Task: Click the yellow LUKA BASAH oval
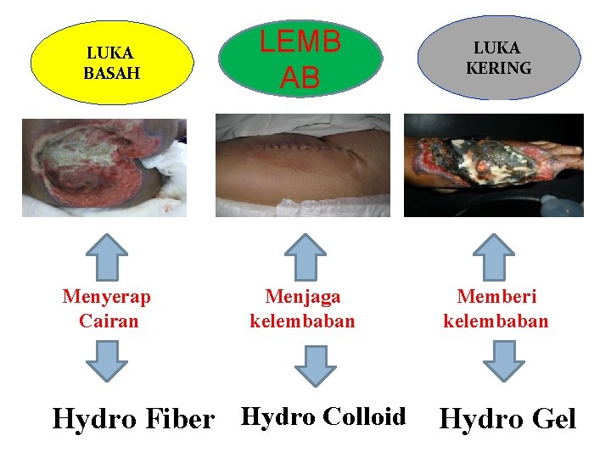[112, 62]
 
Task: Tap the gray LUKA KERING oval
[499, 58]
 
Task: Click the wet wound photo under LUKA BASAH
[104, 168]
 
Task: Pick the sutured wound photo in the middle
[303, 165]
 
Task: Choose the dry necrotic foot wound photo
[494, 165]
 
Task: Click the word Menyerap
[107, 297]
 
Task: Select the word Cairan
[109, 321]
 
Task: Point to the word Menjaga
[303, 297]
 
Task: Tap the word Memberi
[496, 297]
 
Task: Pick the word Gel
[556, 419]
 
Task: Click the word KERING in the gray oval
[499, 69]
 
